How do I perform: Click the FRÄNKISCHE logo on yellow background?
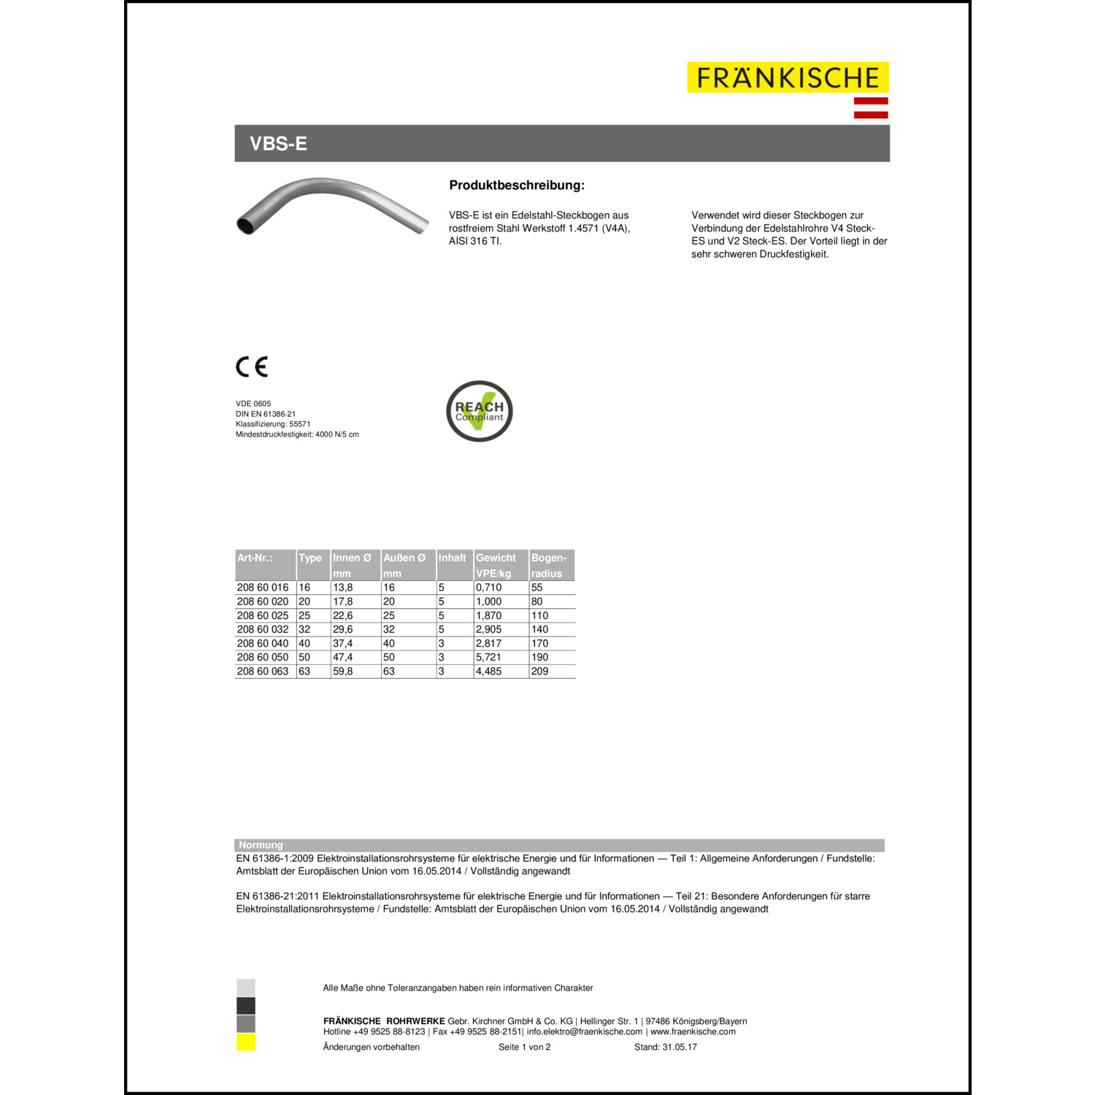point(788,77)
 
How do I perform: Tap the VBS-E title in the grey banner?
point(278,144)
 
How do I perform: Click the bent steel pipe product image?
point(332,205)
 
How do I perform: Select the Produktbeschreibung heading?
point(516,185)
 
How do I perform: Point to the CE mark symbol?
point(252,366)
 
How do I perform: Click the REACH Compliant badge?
point(479,411)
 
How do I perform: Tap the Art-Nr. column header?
point(255,558)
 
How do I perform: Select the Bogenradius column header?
point(550,565)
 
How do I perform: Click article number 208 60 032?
point(263,629)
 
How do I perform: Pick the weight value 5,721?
point(488,657)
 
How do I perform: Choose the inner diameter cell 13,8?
point(343,587)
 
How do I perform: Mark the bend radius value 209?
point(539,671)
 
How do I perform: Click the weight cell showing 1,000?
point(488,602)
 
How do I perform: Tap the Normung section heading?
point(261,845)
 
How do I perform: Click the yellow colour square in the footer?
point(246,1042)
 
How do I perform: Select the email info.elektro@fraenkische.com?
point(584,1031)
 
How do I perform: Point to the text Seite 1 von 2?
point(524,1047)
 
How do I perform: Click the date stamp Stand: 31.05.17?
point(665,1047)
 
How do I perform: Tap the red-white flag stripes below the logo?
point(871,107)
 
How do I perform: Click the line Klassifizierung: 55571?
point(273,424)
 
